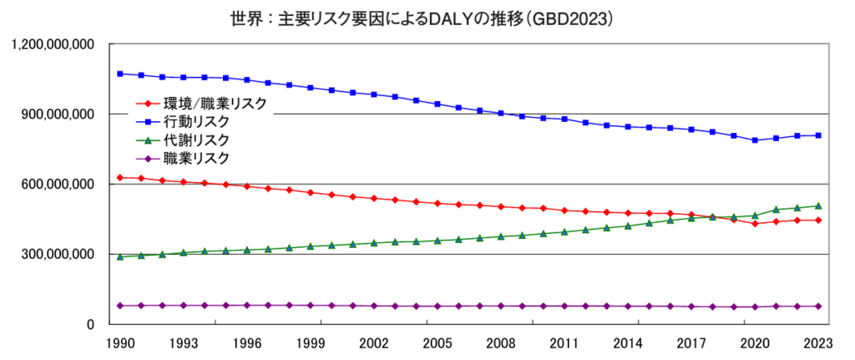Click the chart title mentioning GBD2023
click(427, 17)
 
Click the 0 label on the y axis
click(89, 324)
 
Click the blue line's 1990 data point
click(120, 74)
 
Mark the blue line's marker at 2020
click(755, 140)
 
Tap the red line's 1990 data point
click(120, 178)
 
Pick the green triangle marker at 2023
click(818, 205)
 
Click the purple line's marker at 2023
click(818, 307)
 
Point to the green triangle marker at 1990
click(120, 256)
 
